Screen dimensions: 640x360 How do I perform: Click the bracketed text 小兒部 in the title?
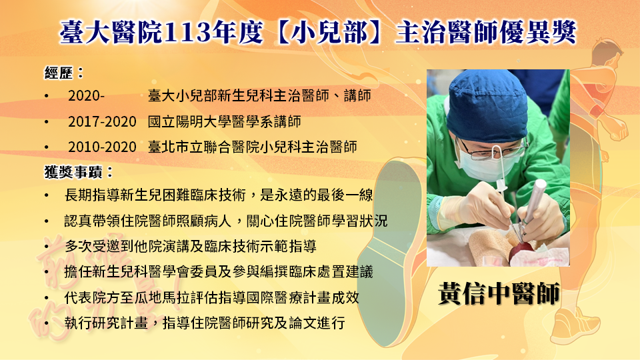(330, 33)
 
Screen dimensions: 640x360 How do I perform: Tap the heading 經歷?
(59, 73)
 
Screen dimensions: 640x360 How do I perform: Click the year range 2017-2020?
(102, 121)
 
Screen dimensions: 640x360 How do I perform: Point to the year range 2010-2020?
(102, 147)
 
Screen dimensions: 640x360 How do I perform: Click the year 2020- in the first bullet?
(86, 96)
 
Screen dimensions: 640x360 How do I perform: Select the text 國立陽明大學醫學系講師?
(225, 121)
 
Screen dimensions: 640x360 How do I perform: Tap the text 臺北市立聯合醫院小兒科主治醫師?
(252, 147)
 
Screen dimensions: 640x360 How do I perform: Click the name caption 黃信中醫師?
(499, 293)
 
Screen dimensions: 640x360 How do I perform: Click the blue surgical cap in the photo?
(487, 105)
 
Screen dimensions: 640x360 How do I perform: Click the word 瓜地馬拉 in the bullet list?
(162, 297)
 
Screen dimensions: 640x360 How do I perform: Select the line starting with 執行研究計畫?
(205, 323)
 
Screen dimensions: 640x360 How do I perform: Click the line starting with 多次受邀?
(190, 247)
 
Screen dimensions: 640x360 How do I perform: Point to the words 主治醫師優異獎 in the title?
(486, 33)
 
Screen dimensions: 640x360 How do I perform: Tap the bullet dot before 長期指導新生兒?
(47, 196)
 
